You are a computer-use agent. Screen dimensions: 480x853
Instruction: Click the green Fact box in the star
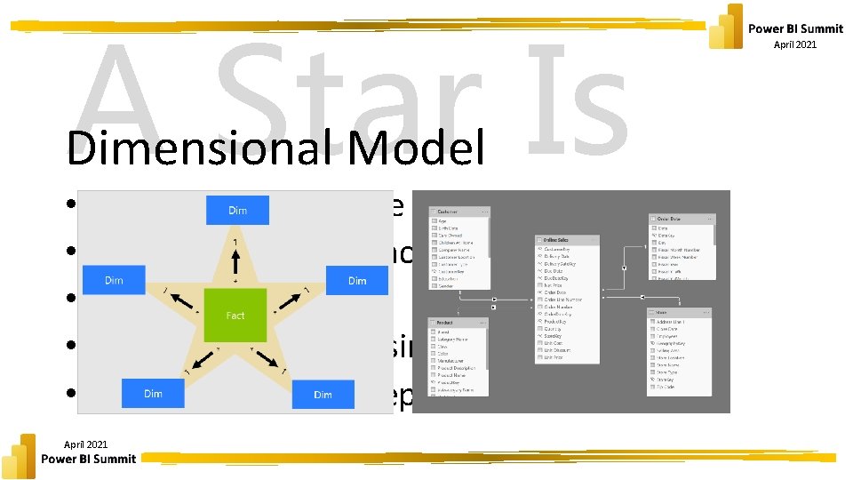click(x=235, y=315)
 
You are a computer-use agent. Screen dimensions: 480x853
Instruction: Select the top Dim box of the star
click(x=237, y=211)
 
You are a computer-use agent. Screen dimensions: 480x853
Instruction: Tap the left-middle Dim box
click(x=114, y=280)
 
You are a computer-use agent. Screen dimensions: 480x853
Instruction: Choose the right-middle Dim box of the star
click(x=357, y=280)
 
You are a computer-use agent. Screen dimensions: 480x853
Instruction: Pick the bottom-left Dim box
click(x=152, y=393)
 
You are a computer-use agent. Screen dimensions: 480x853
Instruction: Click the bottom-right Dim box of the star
click(x=323, y=394)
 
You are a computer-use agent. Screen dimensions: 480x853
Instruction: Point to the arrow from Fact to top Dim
click(x=235, y=262)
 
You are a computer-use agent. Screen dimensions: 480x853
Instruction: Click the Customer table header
click(x=458, y=212)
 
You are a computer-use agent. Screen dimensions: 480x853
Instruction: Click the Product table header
click(x=458, y=322)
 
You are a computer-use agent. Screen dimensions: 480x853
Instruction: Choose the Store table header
click(x=679, y=312)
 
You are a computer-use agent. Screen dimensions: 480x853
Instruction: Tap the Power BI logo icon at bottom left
click(x=20, y=456)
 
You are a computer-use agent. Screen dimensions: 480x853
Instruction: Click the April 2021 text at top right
click(x=795, y=44)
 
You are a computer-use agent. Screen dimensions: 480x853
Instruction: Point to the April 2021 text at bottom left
click(x=86, y=444)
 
